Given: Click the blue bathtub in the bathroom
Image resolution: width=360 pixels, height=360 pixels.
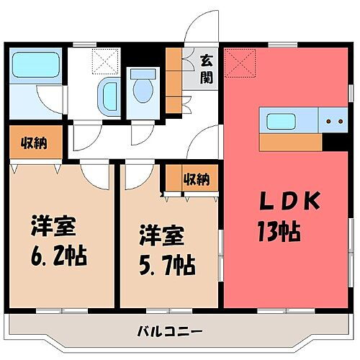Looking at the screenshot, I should point(37,64).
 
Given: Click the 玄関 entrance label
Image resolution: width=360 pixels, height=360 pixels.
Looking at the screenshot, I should point(207,69).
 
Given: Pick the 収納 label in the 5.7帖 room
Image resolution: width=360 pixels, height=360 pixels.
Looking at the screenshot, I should point(195,179).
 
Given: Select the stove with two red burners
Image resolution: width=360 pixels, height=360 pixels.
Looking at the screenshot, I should point(333,122).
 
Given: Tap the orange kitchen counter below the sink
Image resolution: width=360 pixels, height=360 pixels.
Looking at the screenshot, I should point(290,142).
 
